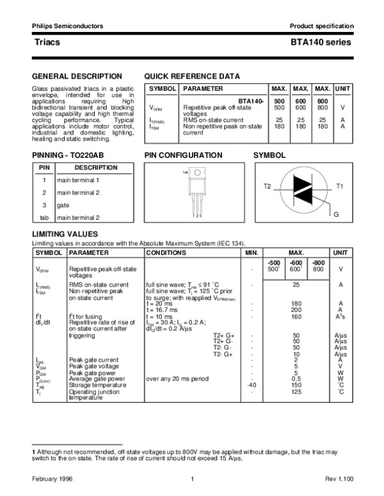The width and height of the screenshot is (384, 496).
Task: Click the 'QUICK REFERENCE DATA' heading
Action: tap(192, 76)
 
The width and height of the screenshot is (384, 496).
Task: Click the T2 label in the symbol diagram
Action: tap(268, 185)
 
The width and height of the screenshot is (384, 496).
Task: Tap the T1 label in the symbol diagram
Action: tap(340, 185)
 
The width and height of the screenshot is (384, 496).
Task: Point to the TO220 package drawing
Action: tap(199, 189)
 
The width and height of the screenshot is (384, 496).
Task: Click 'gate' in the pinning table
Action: tap(63, 205)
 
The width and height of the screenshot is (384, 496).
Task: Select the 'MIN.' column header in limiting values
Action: tap(252, 253)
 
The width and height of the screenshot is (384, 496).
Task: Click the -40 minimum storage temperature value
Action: tap(252, 385)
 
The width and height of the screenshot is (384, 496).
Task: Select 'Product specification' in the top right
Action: tap(321, 26)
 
